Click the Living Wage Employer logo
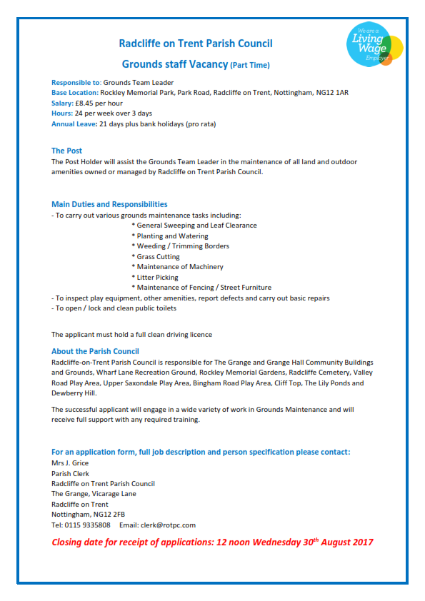(376, 44)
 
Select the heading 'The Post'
(66, 151)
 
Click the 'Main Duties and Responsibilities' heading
(109, 204)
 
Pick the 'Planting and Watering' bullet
(169, 236)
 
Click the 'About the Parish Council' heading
(95, 351)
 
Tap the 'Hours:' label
(61, 113)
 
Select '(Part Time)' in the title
(250, 66)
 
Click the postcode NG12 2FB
(109, 514)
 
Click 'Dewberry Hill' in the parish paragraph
(74, 393)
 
